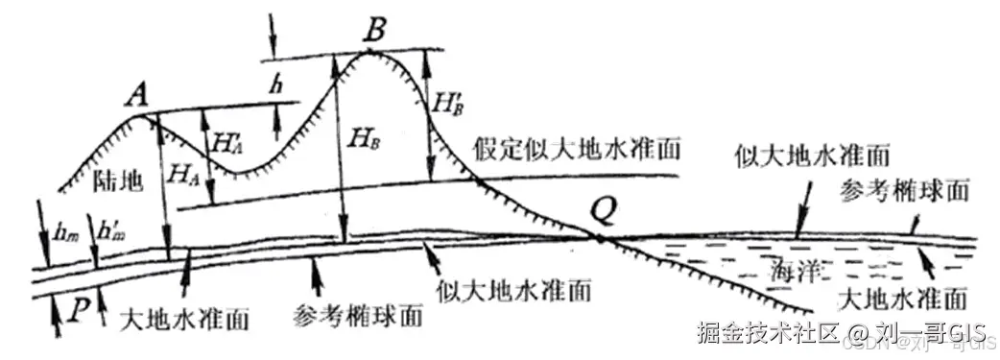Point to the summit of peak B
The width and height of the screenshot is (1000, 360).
tap(369, 51)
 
